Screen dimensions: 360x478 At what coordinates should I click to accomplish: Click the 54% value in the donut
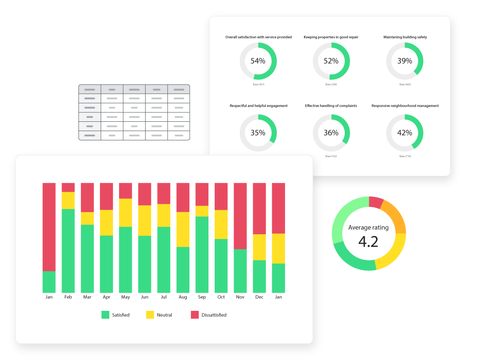[x=258, y=61]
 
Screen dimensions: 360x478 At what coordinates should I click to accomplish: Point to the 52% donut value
[x=331, y=61]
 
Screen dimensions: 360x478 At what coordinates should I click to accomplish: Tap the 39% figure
[x=405, y=61]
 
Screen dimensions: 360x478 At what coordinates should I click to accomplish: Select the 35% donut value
[x=258, y=133]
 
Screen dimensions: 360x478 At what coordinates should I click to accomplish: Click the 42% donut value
[x=405, y=133]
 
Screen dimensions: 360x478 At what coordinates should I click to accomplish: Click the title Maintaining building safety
[x=405, y=37]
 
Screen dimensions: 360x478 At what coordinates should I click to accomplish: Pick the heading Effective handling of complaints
[x=331, y=106]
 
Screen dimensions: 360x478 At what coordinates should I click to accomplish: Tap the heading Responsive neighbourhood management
[x=405, y=106]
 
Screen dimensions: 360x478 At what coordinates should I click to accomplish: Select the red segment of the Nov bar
[x=240, y=216]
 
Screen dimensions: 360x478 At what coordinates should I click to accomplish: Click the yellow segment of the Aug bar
[x=183, y=229]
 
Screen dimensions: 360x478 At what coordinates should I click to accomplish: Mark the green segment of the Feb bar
[x=68, y=251]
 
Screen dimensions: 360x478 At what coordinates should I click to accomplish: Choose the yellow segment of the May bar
[x=126, y=213]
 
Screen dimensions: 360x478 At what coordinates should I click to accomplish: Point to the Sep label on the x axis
[x=202, y=297]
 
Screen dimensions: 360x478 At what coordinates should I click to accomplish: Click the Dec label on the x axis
[x=259, y=297]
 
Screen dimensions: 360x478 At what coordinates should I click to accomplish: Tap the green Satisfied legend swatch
[x=105, y=315]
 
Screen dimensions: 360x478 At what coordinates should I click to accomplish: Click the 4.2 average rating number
[x=368, y=242]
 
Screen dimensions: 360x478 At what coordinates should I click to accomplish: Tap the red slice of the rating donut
[x=376, y=202]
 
